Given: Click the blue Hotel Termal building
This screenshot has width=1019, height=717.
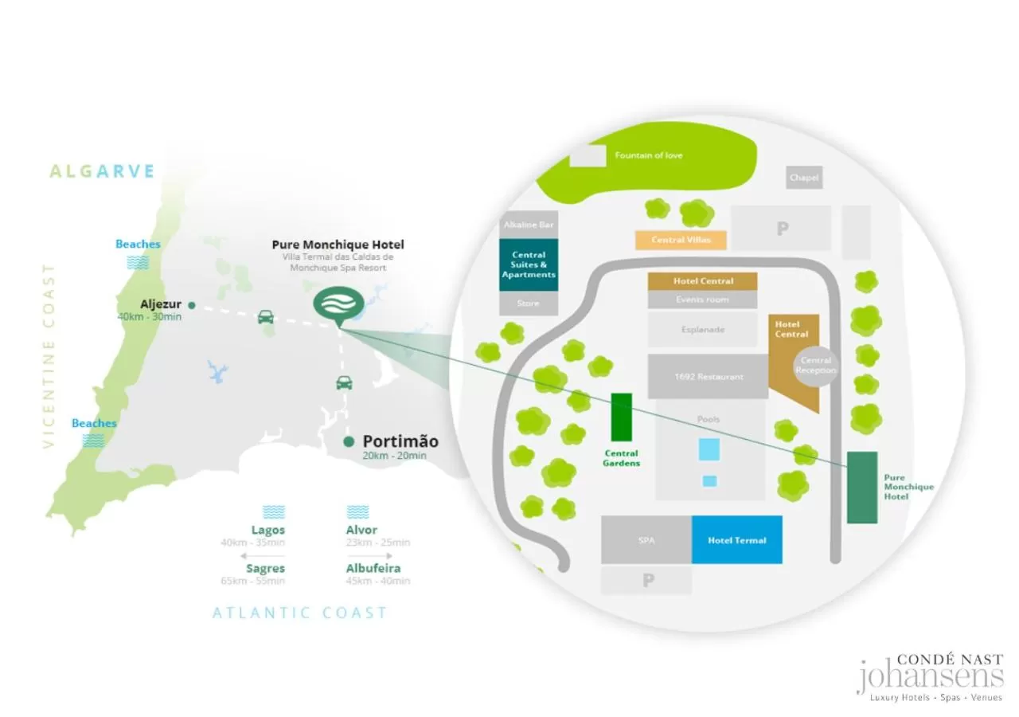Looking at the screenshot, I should tap(736, 540).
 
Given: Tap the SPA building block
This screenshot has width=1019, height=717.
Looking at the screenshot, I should tap(646, 540).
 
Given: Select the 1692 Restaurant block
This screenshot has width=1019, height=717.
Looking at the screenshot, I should tap(708, 376).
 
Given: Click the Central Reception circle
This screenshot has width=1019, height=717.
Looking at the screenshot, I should tap(816, 366).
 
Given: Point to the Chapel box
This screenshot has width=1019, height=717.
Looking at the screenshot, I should tap(804, 178).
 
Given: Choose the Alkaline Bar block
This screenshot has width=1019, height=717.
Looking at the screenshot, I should tap(528, 225).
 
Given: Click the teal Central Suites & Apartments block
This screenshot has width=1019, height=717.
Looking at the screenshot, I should tap(529, 264).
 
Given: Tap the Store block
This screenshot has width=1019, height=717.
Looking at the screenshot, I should tap(528, 304).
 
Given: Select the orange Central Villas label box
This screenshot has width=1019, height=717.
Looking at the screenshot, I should tap(681, 240).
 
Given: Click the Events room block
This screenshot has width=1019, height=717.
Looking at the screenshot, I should tap(701, 300).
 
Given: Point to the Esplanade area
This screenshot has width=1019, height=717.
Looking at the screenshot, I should tap(702, 329).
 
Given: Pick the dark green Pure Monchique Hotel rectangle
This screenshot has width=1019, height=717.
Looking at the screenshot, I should tap(861, 488).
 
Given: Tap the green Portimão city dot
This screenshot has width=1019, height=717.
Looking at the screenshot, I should tap(349, 442).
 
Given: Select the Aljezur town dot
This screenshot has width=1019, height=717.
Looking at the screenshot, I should tap(192, 305).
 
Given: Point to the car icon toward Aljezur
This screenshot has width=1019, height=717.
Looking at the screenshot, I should tap(266, 317).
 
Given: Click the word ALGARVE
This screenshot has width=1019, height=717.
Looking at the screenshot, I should tap(102, 171).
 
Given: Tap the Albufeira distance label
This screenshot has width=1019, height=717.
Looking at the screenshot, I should tap(373, 569).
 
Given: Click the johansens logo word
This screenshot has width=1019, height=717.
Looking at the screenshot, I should tap(929, 677).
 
